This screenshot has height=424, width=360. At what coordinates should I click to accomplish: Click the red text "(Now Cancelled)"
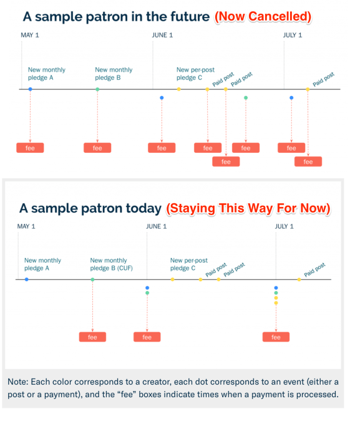[x=263, y=17]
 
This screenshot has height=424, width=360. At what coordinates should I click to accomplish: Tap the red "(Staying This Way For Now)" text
[x=248, y=208]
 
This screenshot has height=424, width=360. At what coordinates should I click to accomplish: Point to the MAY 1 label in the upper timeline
[x=30, y=35]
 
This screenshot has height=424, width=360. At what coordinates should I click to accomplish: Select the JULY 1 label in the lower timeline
[x=284, y=226]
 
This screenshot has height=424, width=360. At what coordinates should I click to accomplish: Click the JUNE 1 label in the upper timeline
[x=162, y=35]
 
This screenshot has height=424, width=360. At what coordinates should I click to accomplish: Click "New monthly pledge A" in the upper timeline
[x=47, y=74]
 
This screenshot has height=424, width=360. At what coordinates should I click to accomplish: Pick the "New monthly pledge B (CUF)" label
[x=111, y=264]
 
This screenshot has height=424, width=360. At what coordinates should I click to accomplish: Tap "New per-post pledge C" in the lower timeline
[x=188, y=264]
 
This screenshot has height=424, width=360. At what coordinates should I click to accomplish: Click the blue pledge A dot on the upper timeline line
[x=31, y=89]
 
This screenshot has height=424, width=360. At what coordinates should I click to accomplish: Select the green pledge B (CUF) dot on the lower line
[x=92, y=279]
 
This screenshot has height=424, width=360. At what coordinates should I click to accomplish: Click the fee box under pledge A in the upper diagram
[x=30, y=148]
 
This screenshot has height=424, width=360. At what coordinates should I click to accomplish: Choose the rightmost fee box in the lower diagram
[x=276, y=337]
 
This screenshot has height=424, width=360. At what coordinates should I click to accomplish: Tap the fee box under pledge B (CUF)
[x=92, y=337]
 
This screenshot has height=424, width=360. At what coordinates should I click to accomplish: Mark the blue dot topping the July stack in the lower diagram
[x=276, y=288]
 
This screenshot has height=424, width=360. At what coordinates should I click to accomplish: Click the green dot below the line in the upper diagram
[x=246, y=98]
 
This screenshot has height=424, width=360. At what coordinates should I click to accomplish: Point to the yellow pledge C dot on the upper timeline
[x=179, y=89]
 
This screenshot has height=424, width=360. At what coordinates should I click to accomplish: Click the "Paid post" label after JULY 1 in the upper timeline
[x=323, y=79]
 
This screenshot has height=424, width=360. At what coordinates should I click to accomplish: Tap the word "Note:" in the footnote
[x=18, y=382]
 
